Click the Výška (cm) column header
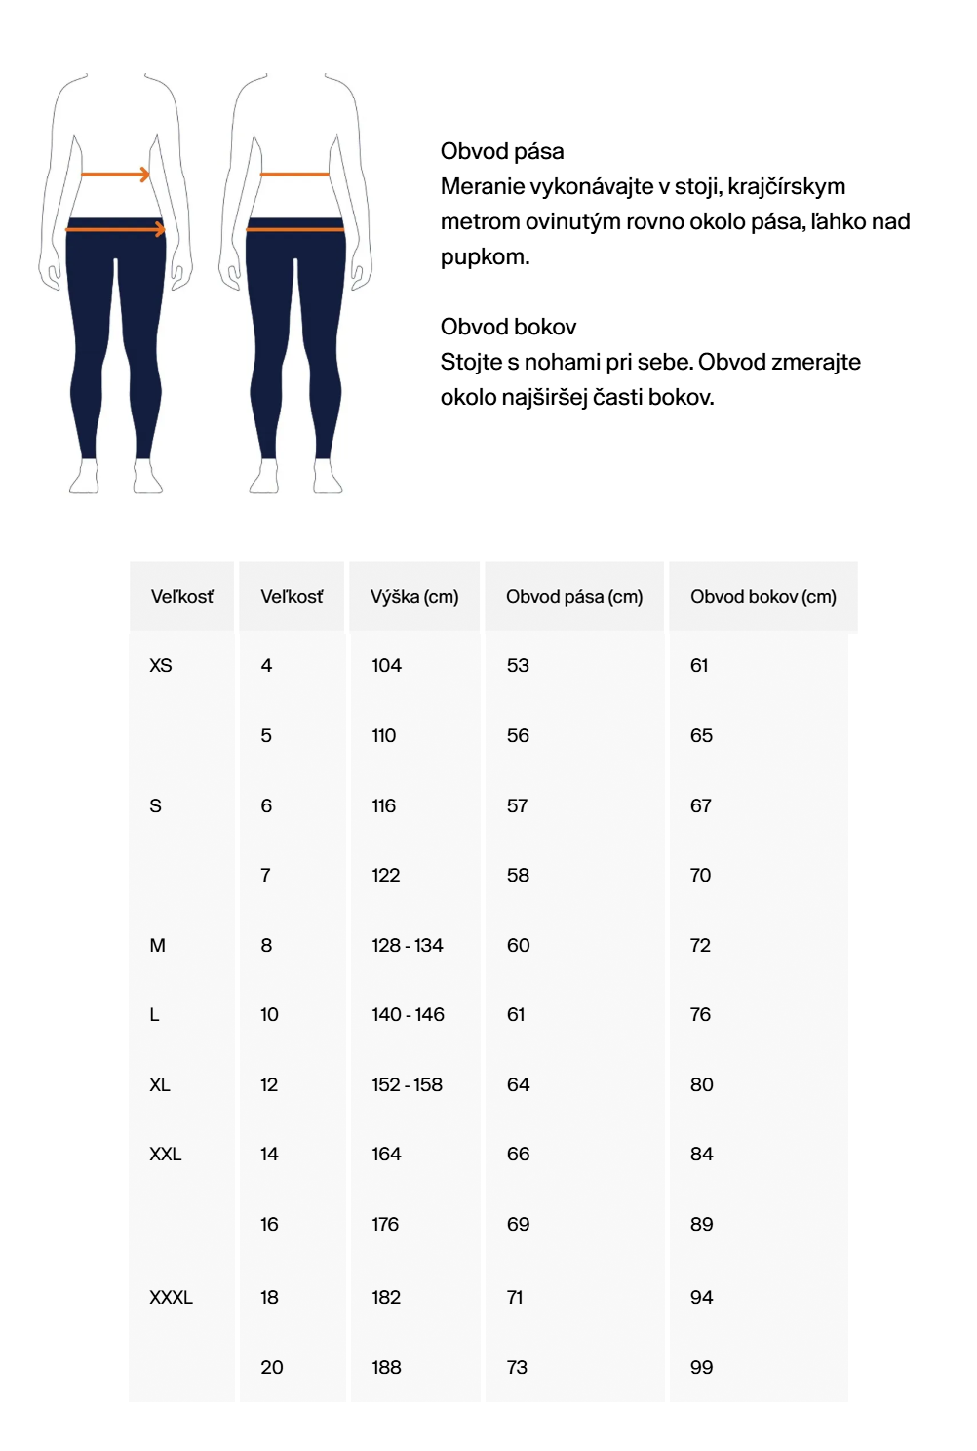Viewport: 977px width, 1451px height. pyautogui.click(x=414, y=596)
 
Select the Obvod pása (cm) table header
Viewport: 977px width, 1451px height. pyautogui.click(x=574, y=596)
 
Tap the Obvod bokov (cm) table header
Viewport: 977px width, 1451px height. pyautogui.click(x=762, y=596)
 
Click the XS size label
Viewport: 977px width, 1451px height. pyautogui.click(x=161, y=665)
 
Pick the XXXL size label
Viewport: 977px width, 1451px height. pyautogui.click(x=171, y=1297)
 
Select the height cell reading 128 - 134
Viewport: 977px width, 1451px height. pyautogui.click(x=407, y=945)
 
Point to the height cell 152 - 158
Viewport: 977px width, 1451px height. pyautogui.click(x=407, y=1084)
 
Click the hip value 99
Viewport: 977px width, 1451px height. pyautogui.click(x=701, y=1367)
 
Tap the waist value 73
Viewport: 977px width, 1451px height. pyautogui.click(x=517, y=1367)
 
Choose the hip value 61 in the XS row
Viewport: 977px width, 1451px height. pyautogui.click(x=699, y=665)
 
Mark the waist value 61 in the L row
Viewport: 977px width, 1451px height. pyautogui.click(x=516, y=1014)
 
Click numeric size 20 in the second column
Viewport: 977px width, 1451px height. pyautogui.click(x=272, y=1367)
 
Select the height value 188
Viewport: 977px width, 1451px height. pyautogui.click(x=386, y=1367)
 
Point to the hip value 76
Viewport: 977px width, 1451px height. pyautogui.click(x=700, y=1014)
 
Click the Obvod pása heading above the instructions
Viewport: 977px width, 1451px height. pyautogui.click(x=502, y=151)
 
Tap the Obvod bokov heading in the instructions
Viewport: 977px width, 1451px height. pyautogui.click(x=508, y=327)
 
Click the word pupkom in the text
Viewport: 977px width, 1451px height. pyautogui.click(x=485, y=257)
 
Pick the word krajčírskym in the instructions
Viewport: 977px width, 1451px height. pyautogui.click(x=788, y=186)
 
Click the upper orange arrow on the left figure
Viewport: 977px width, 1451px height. pyautogui.click(x=115, y=175)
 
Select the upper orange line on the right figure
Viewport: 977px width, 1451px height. pyautogui.click(x=294, y=175)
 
